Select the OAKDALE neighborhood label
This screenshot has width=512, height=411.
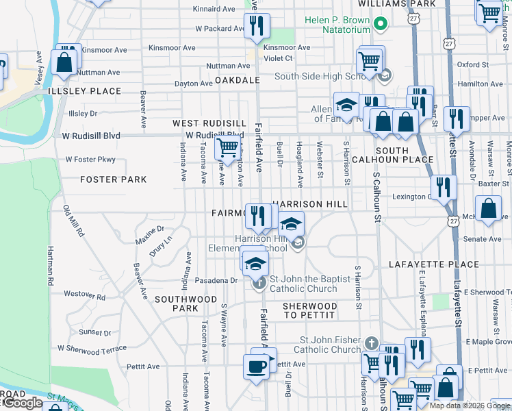point(238,80)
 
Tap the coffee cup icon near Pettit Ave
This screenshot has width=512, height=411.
point(257,366)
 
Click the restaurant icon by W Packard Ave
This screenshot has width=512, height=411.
point(257,26)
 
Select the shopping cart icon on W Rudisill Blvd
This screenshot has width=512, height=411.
point(227,147)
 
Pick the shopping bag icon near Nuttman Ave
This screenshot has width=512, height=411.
point(64,62)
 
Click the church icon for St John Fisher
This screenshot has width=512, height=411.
point(370,342)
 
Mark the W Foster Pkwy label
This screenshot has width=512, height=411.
point(90,160)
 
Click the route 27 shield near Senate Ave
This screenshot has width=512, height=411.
point(453,221)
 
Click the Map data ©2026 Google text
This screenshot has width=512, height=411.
point(469,406)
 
